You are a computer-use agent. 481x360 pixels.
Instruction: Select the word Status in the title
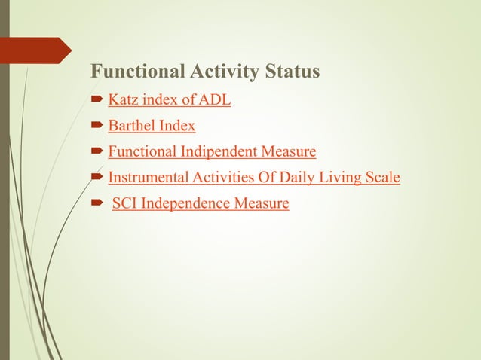[x=293, y=72]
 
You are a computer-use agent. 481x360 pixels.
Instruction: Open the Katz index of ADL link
[x=169, y=99]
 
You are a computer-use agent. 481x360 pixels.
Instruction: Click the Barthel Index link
[x=152, y=126]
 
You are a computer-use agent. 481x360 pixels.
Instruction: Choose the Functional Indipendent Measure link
[x=212, y=152]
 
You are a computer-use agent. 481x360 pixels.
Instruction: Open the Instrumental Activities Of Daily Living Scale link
[x=254, y=178]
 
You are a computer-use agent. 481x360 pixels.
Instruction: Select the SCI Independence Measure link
[x=201, y=203]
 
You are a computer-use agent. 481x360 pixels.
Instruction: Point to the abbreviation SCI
[x=124, y=203]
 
